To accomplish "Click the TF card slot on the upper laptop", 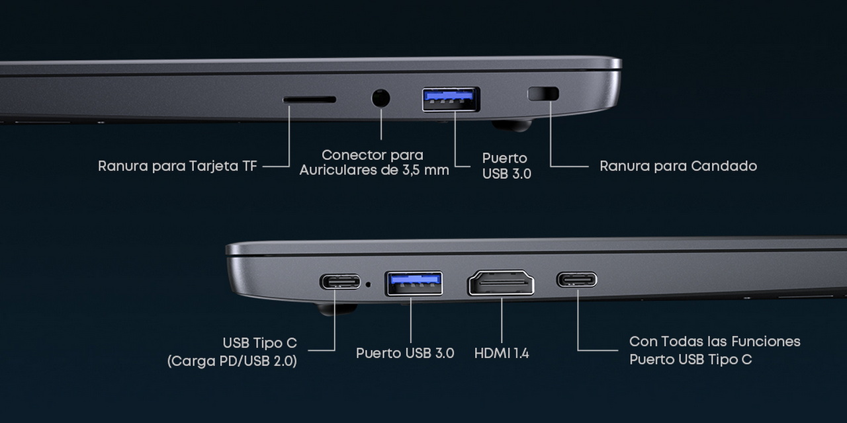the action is click(309, 100).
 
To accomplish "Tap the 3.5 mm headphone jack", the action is click(380, 98).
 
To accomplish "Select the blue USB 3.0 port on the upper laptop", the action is click(451, 100).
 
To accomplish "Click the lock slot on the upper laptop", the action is click(543, 94).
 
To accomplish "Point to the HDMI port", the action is click(501, 282).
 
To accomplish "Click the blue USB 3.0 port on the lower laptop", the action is click(414, 284).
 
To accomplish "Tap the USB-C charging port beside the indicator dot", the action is click(340, 282).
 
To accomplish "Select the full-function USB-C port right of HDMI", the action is click(576, 280).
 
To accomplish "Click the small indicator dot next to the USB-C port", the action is click(369, 284).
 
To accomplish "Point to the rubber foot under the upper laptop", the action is click(512, 125).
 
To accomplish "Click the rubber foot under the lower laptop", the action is click(337, 309).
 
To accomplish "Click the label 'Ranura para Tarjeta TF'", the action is click(177, 166).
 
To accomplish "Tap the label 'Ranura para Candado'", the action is click(678, 166).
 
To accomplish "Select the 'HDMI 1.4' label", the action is click(502, 353).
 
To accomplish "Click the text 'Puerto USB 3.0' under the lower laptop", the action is click(405, 353).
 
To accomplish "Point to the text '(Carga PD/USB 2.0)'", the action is click(232, 361).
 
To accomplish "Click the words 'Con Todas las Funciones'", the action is click(715, 342).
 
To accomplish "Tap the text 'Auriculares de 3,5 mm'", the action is click(375, 171).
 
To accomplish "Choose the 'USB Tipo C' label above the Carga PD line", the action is click(260, 343).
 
